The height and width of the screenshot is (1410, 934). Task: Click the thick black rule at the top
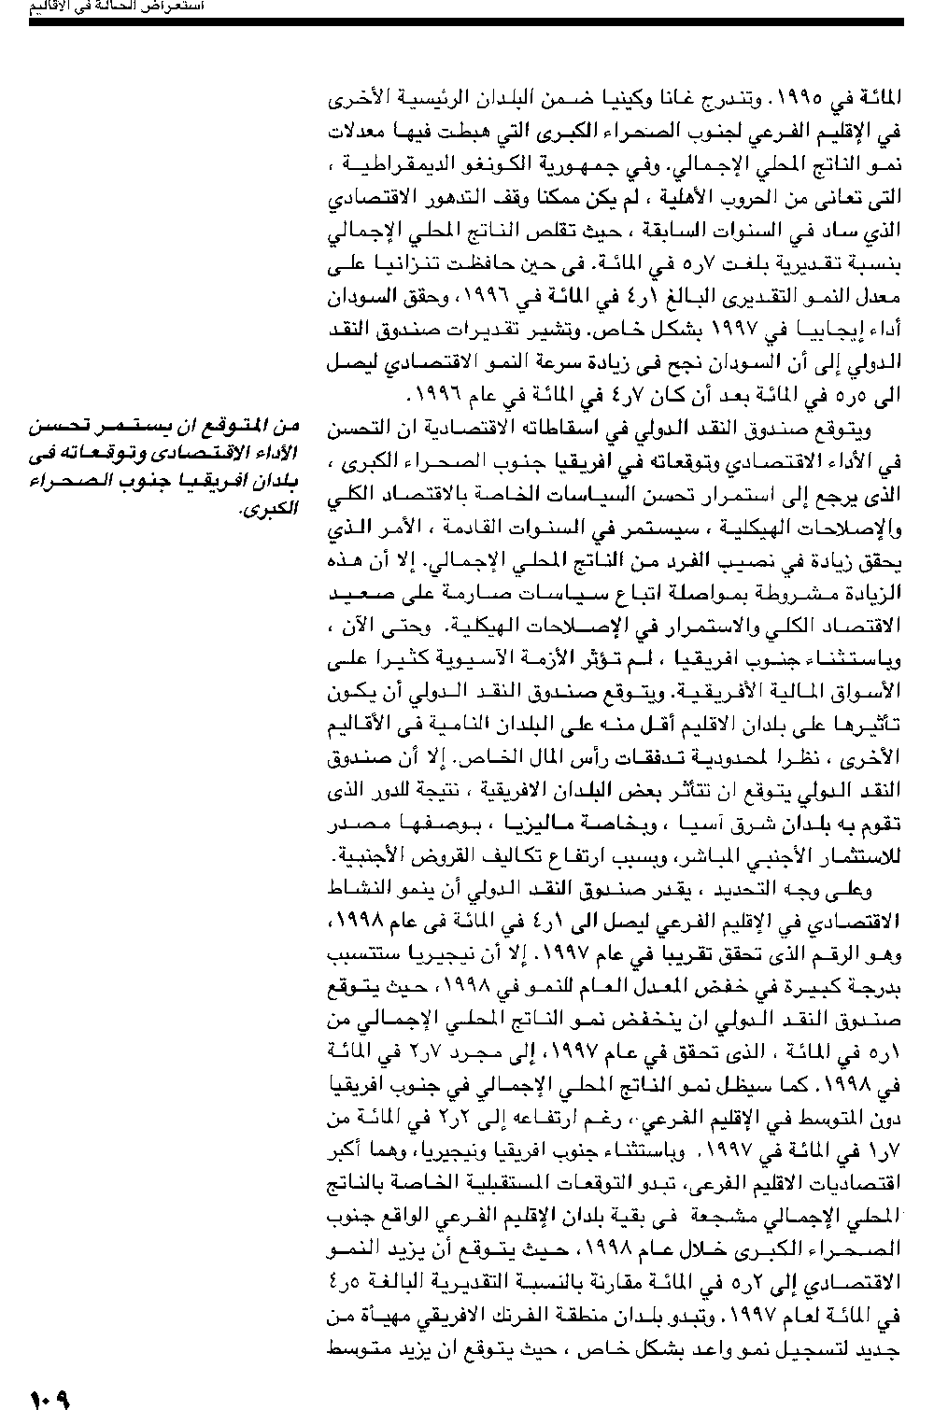click(466, 21)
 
